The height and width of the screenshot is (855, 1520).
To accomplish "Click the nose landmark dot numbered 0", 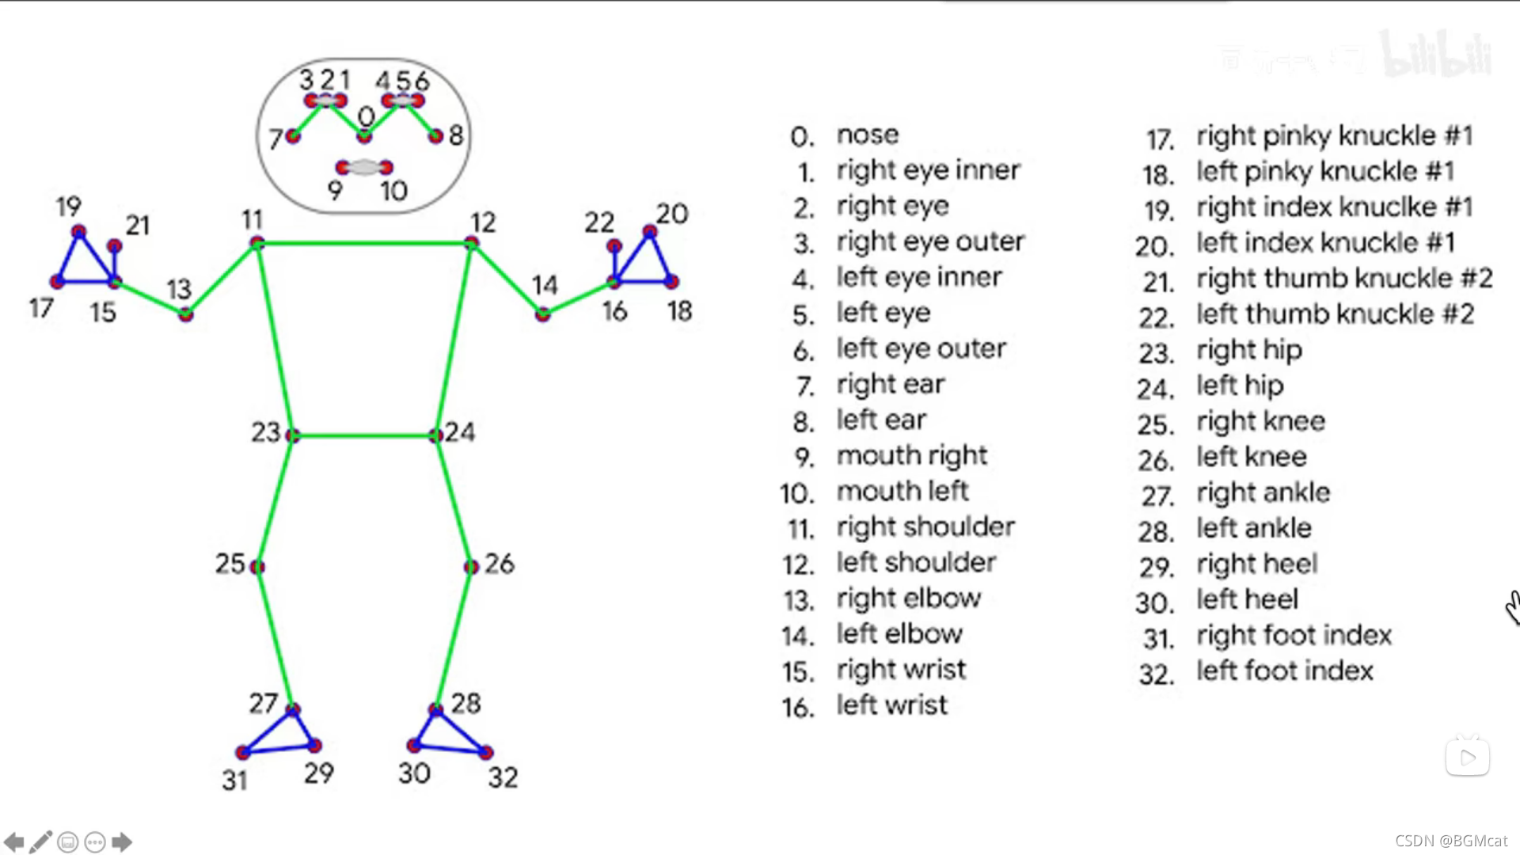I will pyautogui.click(x=364, y=136).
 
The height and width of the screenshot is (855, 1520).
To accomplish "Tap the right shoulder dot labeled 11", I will pyautogui.click(x=256, y=243).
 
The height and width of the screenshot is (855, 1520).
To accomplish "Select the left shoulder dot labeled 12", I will pyautogui.click(x=471, y=243).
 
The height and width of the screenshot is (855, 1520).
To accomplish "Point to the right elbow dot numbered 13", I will pyautogui.click(x=185, y=314).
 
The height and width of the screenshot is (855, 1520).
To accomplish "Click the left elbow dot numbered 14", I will pyautogui.click(x=542, y=314).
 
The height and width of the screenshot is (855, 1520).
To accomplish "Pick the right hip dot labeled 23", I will pyautogui.click(x=292, y=435).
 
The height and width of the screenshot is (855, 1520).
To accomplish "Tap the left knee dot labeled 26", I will pyautogui.click(x=471, y=567).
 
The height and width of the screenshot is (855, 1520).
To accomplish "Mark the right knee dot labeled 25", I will pyautogui.click(x=256, y=567).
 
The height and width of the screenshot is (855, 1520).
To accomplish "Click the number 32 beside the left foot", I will pyautogui.click(x=503, y=777).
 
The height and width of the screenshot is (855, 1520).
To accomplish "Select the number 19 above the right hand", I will pyautogui.click(x=68, y=207).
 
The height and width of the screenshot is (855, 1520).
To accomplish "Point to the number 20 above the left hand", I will pyautogui.click(x=671, y=214).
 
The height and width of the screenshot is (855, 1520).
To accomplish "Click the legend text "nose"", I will pyautogui.click(x=868, y=135).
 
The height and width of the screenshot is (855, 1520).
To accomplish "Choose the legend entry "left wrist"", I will pyautogui.click(x=891, y=705).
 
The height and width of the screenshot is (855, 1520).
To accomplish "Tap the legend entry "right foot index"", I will pyautogui.click(x=1294, y=635).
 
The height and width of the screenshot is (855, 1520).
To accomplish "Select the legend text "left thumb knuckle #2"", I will pyautogui.click(x=1335, y=314).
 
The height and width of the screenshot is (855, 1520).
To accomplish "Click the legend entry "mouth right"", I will pyautogui.click(x=912, y=455).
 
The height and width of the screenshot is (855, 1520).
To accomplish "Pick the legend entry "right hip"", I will pyautogui.click(x=1249, y=350).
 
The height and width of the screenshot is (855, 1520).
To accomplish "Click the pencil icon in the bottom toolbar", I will pyautogui.click(x=41, y=842).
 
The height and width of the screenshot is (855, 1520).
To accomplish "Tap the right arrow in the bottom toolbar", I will pyautogui.click(x=122, y=842).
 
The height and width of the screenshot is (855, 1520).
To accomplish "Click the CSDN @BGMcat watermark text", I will pyautogui.click(x=1451, y=841).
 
